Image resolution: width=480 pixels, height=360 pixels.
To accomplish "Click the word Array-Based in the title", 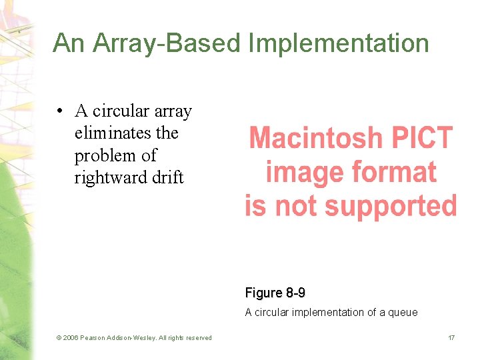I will coord(167,43).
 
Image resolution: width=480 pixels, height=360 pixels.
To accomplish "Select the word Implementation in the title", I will coord(339,43).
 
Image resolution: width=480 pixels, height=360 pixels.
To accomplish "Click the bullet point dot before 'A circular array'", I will coord(60,111).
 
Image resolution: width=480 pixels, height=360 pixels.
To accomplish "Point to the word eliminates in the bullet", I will coord(107,133).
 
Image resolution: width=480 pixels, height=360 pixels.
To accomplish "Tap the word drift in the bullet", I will coord(167,178).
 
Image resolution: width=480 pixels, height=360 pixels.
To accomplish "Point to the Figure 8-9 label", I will coord(275,293).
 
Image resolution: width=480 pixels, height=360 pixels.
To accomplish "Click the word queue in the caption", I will coord(403,312).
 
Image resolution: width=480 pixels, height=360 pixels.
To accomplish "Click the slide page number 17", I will coord(451,338).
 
